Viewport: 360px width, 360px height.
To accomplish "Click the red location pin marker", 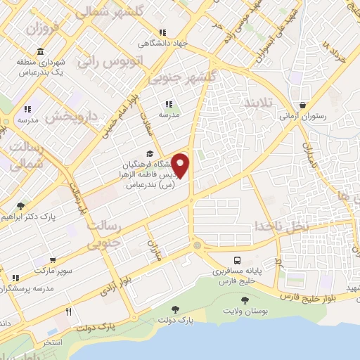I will [181, 166].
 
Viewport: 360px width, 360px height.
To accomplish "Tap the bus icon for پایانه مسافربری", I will [236, 259].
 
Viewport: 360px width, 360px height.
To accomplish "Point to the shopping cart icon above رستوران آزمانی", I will [302, 104].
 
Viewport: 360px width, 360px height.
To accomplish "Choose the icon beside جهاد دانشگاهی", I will [162, 32].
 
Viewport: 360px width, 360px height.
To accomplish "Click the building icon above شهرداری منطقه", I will [40, 52].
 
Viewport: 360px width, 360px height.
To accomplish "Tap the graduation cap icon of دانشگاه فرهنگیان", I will [148, 154].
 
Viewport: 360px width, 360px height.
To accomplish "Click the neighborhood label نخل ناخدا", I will [281, 226].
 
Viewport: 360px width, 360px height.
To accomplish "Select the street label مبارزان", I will [153, 249].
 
